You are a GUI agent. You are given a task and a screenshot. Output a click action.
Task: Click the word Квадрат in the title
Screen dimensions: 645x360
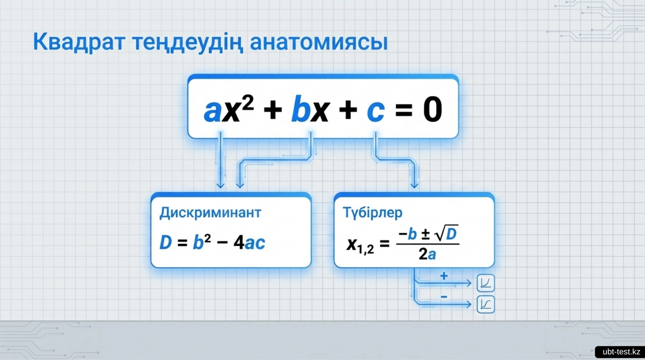(x=79, y=42)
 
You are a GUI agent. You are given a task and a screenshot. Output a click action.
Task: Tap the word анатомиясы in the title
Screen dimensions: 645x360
(x=319, y=42)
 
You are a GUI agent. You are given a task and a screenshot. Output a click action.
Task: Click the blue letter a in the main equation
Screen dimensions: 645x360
(x=212, y=111)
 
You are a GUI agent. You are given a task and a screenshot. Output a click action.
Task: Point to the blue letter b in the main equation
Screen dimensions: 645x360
(x=301, y=109)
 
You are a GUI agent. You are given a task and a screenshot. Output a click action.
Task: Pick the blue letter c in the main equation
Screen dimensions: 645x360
(x=375, y=111)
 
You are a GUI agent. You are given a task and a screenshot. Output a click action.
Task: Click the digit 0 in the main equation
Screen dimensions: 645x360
(x=433, y=109)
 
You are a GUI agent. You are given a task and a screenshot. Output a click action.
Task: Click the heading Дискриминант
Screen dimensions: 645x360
(x=210, y=213)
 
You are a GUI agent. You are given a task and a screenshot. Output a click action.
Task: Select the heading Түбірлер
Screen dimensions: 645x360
(x=372, y=213)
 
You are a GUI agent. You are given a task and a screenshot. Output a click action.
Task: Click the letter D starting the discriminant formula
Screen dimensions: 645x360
(x=166, y=242)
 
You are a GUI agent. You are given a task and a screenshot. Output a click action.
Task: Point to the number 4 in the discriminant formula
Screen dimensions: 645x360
(x=239, y=242)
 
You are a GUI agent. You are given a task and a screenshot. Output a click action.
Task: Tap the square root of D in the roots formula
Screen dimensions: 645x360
(x=447, y=233)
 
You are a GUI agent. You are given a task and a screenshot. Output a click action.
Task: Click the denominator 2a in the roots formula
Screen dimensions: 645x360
(x=427, y=254)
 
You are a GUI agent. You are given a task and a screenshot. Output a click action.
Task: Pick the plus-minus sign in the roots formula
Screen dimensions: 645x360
(x=426, y=234)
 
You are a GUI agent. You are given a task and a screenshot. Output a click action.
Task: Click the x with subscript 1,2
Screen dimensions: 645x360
(x=360, y=245)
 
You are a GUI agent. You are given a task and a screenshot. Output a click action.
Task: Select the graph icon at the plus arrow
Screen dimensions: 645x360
(x=486, y=283)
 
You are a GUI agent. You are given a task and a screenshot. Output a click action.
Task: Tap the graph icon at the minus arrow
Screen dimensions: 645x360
(x=486, y=304)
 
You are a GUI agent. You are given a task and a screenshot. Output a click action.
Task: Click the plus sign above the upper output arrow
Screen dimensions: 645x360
(x=444, y=276)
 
